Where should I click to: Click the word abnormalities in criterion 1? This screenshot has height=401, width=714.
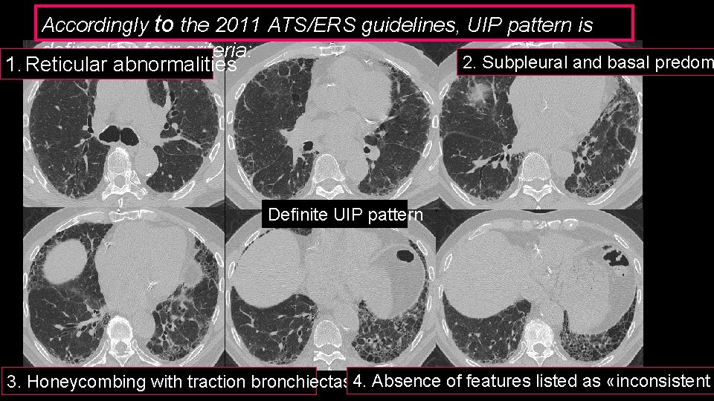[x=174, y=66]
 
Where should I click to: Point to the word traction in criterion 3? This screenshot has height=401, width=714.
[x=179, y=382]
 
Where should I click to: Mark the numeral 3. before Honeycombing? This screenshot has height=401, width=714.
[x=14, y=382]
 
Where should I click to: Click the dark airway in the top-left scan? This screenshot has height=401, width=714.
[x=120, y=135]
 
